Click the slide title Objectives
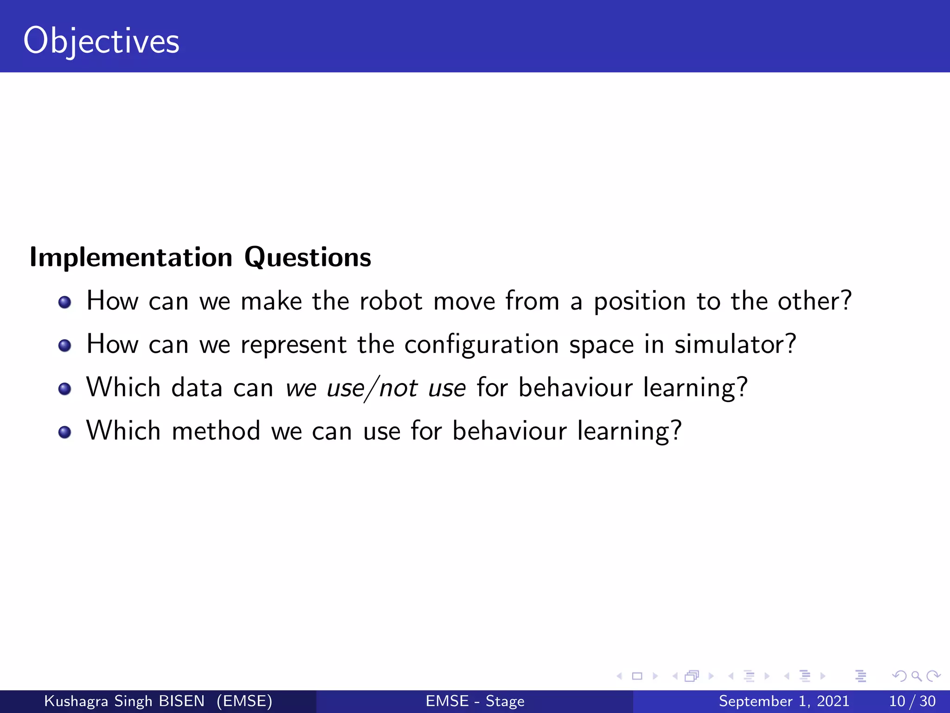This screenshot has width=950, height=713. pos(101,41)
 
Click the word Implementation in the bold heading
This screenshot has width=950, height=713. pos(131,257)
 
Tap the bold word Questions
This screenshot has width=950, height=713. pos(308,257)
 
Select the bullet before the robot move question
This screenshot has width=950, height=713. pos(64,303)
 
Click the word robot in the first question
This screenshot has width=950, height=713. pos(391,301)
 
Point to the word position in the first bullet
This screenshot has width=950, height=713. pos(640,302)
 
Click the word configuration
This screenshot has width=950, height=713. pos(481,345)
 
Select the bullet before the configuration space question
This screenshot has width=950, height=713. pos(64,346)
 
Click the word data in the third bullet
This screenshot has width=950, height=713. pos(197,388)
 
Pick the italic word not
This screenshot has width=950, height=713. pos(398,388)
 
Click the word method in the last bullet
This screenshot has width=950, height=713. pos(216,431)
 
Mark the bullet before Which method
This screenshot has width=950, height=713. pos(64,432)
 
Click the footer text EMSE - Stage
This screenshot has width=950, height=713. pos(475,701)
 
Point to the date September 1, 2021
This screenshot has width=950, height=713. pos(784,701)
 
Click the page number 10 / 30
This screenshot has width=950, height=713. pos(912,701)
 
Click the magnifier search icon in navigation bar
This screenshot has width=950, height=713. pos(916,676)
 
